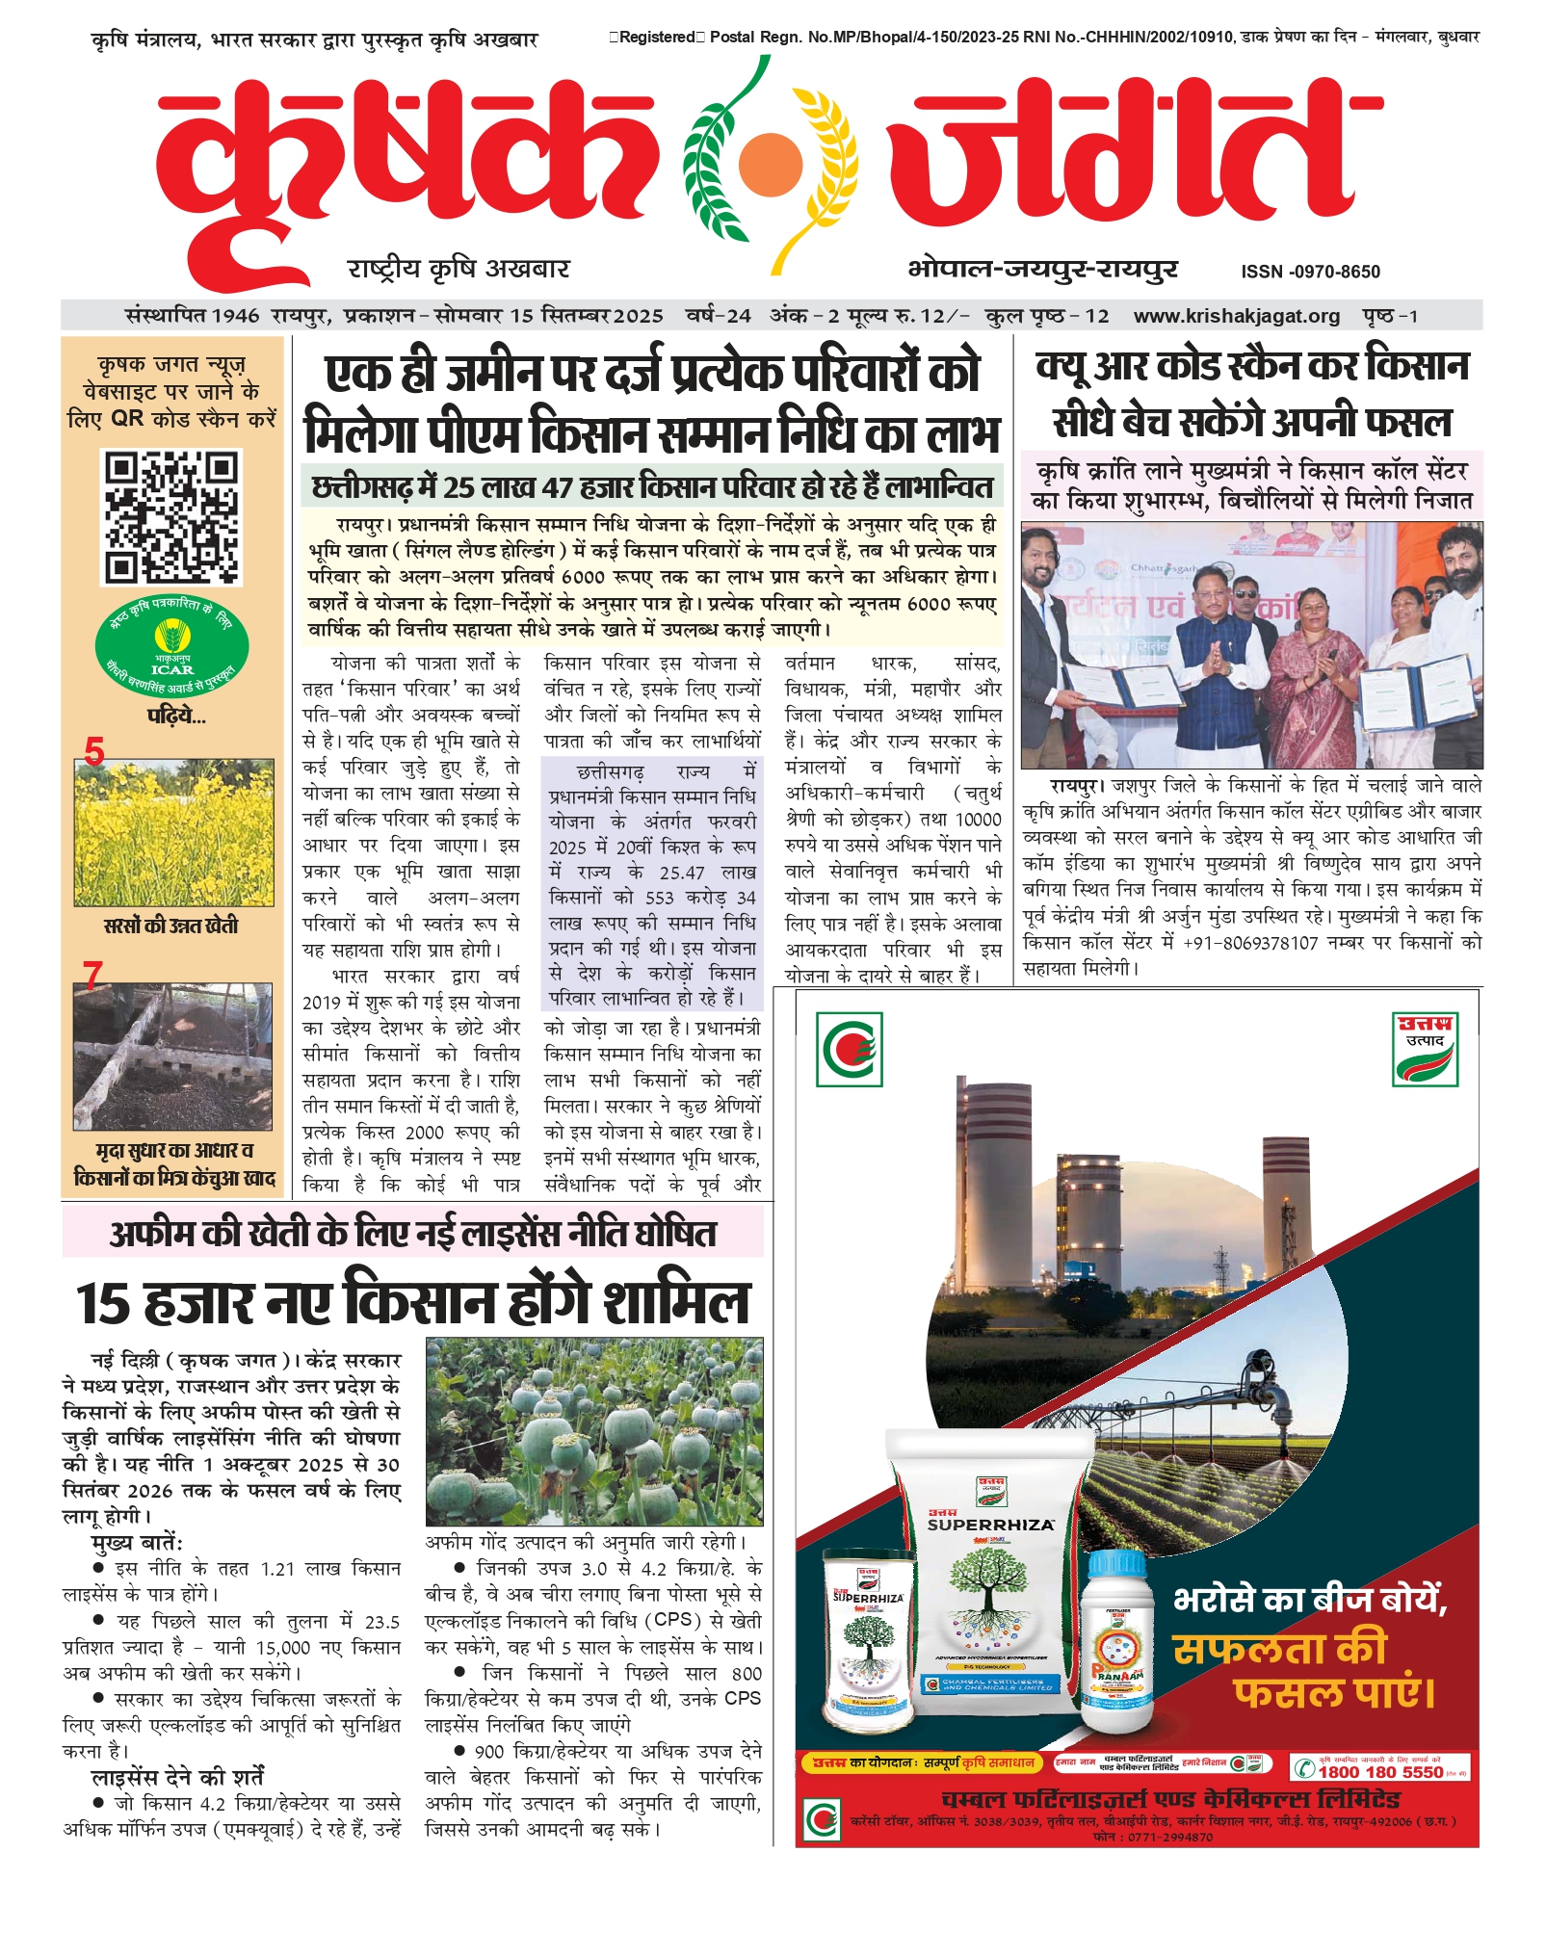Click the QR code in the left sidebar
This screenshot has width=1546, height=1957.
click(171, 517)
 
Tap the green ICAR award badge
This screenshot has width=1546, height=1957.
click(171, 646)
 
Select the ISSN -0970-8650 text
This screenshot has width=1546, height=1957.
click(1310, 272)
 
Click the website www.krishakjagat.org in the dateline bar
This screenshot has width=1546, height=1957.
click(1236, 316)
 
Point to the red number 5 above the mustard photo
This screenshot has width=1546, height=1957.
click(94, 751)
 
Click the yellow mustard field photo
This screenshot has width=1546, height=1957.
click(173, 832)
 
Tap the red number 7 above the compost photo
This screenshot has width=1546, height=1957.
click(92, 976)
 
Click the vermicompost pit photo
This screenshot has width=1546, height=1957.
click(173, 1056)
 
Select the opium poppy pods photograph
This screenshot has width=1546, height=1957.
click(594, 1431)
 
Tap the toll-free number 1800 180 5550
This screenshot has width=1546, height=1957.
click(1379, 1771)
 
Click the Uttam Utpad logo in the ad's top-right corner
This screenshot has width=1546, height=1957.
click(1425, 1049)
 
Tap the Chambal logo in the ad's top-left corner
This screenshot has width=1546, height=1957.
click(849, 1049)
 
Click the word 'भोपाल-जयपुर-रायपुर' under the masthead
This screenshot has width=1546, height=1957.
click(1042, 269)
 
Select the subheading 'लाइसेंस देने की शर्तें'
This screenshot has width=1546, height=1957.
click(177, 1777)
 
